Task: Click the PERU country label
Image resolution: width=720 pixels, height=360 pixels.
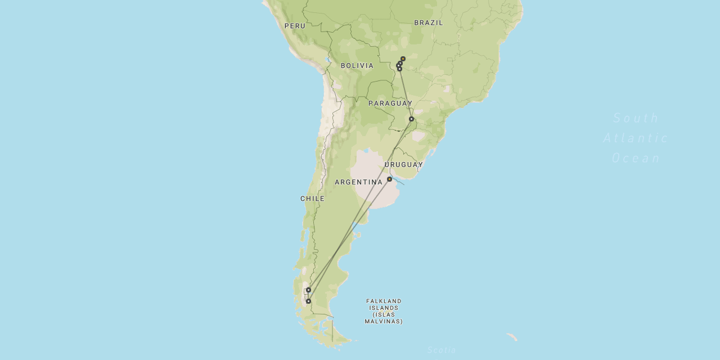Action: click(295, 26)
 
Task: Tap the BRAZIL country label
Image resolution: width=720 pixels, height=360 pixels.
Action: click(429, 22)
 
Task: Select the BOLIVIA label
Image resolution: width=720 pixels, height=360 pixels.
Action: click(357, 66)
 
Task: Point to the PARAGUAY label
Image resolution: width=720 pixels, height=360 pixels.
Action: click(390, 103)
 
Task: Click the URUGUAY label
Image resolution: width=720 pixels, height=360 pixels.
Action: click(404, 165)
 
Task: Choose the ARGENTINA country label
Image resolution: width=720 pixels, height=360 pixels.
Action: click(358, 182)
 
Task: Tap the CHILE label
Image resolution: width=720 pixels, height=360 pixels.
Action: click(312, 199)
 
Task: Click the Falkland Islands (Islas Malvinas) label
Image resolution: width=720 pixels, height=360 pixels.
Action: click(384, 311)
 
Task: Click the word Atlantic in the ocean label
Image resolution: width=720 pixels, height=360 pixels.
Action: click(636, 138)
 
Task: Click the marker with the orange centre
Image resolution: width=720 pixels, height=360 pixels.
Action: click(403, 58)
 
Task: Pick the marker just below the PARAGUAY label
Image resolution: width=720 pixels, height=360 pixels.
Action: click(411, 119)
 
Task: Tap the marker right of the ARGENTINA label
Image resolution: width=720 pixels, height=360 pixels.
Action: click(389, 179)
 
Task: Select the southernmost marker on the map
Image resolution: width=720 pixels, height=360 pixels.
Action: click(308, 301)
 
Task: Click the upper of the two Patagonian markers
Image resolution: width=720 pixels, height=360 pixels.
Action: click(308, 290)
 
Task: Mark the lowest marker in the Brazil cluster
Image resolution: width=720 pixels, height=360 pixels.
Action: click(399, 69)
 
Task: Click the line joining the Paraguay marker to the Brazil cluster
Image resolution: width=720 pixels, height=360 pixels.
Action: click(406, 94)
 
